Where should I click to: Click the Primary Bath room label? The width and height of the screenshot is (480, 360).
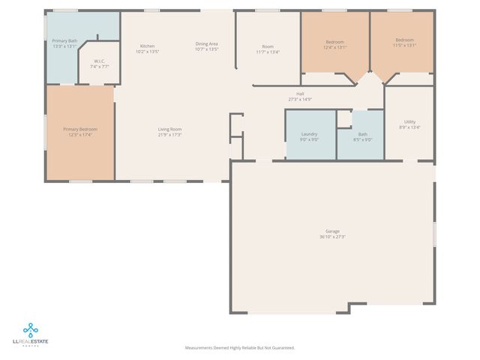pyautogui.click(x=64, y=40)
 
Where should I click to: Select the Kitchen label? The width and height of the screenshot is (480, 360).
pyautogui.click(x=147, y=46)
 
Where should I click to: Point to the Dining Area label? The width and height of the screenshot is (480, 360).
pyautogui.click(x=206, y=44)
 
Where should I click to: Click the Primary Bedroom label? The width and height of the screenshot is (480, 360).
pyautogui.click(x=79, y=129)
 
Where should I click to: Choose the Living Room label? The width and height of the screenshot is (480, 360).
pyautogui.click(x=169, y=129)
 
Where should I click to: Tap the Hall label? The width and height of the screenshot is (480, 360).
pyautogui.click(x=300, y=94)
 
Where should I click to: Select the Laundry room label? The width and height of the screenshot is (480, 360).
pyautogui.click(x=310, y=133)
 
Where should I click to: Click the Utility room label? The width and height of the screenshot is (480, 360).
pyautogui.click(x=409, y=121)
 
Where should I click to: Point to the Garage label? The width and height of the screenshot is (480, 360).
pyautogui.click(x=332, y=231)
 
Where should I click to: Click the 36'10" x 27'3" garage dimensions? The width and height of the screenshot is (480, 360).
pyautogui.click(x=332, y=237)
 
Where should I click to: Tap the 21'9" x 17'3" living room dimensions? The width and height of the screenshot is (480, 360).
pyautogui.click(x=169, y=135)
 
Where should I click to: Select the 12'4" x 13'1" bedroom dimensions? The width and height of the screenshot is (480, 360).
pyautogui.click(x=334, y=46)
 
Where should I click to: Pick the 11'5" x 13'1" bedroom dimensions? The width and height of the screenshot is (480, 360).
pyautogui.click(x=405, y=45)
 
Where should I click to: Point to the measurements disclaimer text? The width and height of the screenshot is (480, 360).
pyautogui.click(x=240, y=347)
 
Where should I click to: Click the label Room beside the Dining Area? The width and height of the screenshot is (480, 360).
pyautogui.click(x=268, y=46)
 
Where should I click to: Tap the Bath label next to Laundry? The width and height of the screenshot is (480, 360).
pyautogui.click(x=362, y=133)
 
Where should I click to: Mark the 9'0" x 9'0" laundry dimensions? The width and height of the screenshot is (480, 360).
pyautogui.click(x=310, y=139)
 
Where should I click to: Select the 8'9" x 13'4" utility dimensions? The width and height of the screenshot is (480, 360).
pyautogui.click(x=409, y=127)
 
